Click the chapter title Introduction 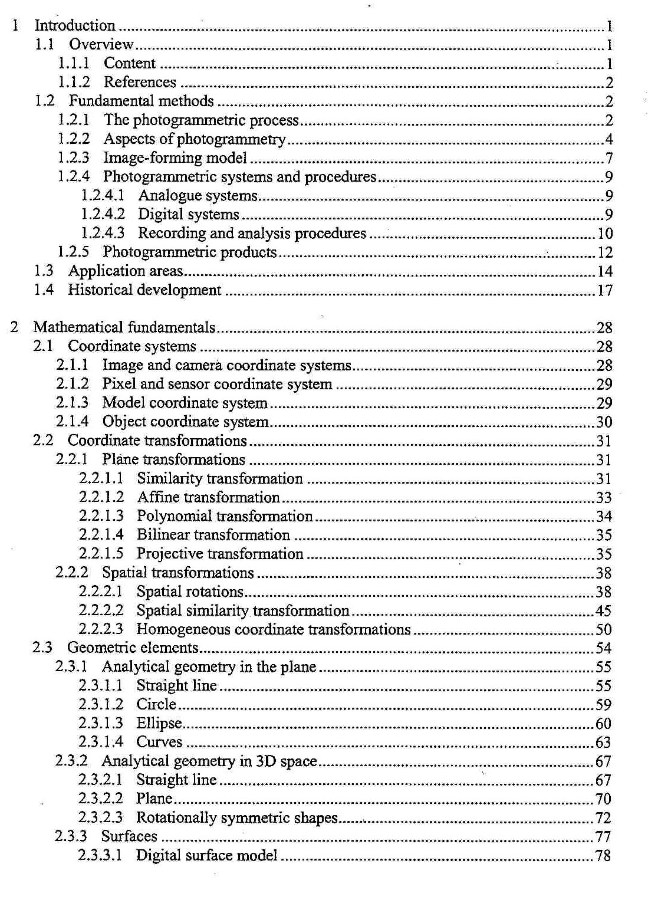(x=75, y=25)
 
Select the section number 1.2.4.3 (x=103, y=234)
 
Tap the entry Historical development (x=144, y=290)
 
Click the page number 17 (x=605, y=291)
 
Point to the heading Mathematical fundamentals (x=124, y=327)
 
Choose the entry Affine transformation (x=208, y=497)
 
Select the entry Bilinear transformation (x=213, y=535)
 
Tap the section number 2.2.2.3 (x=101, y=629)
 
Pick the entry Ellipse (x=159, y=723)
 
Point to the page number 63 (x=603, y=743)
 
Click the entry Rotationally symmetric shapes (x=236, y=817)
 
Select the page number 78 (x=603, y=856)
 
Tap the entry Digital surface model (x=206, y=855)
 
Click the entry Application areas (x=126, y=271)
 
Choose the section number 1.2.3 (x=74, y=158)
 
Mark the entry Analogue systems (x=198, y=196)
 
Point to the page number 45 (x=603, y=611)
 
